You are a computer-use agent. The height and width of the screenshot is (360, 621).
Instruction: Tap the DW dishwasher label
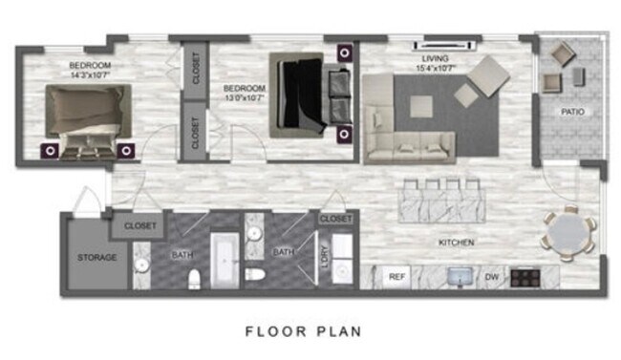pyautogui.click(x=491, y=277)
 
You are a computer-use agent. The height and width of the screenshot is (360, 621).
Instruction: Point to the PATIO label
pyautogui.click(x=573, y=113)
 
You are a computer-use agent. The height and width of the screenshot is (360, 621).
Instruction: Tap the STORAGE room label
pyautogui.click(x=96, y=258)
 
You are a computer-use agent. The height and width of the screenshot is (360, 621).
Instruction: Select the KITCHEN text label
pyautogui.click(x=456, y=243)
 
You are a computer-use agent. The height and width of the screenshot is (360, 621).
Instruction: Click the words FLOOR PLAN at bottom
pyautogui.click(x=302, y=332)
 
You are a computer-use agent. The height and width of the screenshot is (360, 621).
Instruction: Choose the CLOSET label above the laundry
pyautogui.click(x=335, y=219)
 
